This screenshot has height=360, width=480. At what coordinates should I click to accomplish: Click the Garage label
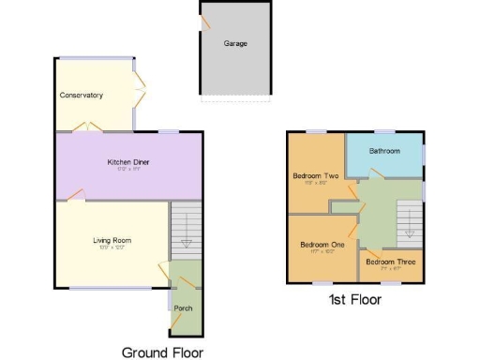(235, 43)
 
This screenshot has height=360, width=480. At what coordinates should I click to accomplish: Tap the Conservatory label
(81, 96)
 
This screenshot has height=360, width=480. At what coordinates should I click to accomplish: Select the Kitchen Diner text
(128, 161)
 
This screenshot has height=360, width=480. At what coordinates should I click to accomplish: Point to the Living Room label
(112, 240)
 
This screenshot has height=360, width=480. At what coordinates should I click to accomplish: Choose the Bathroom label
(384, 151)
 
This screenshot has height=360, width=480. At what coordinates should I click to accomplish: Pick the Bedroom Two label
(316, 175)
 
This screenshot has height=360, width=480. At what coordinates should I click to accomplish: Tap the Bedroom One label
(322, 244)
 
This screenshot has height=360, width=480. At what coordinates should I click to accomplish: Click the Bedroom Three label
(391, 262)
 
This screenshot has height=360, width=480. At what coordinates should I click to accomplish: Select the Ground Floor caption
(163, 352)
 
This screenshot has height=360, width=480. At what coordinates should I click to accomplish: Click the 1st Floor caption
(354, 300)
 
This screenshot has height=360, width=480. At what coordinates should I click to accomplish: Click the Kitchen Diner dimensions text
(128, 170)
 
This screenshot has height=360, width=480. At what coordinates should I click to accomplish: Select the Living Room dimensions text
(112, 248)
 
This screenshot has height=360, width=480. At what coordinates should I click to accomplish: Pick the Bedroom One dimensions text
(322, 251)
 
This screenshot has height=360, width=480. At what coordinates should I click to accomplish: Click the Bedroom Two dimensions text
(316, 184)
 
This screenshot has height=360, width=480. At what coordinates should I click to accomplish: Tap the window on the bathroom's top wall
(384, 132)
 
